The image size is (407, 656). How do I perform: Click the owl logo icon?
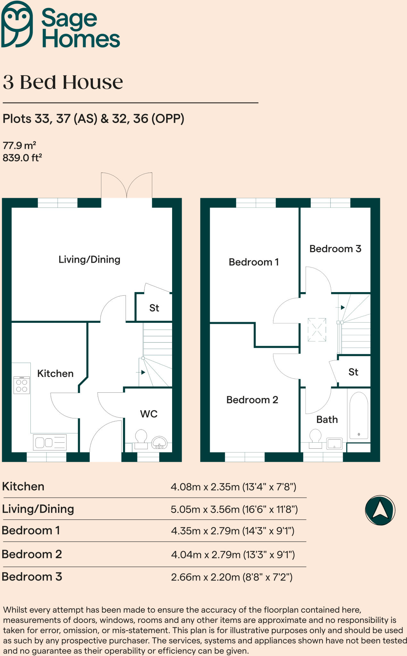tap(17, 24)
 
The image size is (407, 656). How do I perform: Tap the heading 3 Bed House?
tap(63, 82)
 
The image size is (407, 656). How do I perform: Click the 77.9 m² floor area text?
tap(19, 145)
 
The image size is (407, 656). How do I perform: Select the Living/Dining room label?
tap(89, 259)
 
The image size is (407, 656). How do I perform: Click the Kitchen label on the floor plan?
tap(55, 373)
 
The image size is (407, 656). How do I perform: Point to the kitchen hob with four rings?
tap(21, 385)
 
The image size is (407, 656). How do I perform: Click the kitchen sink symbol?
tap(50, 442)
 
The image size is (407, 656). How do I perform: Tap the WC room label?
tap(149, 414)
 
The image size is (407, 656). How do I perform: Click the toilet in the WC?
tap(141, 439)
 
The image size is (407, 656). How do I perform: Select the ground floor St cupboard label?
tap(154, 308)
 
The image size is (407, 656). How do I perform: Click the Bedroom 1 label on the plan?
tap(253, 262)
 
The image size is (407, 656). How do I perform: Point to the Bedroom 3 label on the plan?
tap(335, 249)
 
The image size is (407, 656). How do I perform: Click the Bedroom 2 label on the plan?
tap(252, 400)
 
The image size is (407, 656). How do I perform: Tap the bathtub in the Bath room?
tap(359, 415)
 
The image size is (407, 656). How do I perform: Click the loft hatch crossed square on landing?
tap(317, 330)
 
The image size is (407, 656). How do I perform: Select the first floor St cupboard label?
tap(353, 372)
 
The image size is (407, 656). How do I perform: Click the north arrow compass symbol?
tap(380, 510)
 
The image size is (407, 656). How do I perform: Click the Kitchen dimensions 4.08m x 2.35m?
tap(233, 487)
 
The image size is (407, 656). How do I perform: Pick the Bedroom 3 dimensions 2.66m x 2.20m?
tap(232, 577)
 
